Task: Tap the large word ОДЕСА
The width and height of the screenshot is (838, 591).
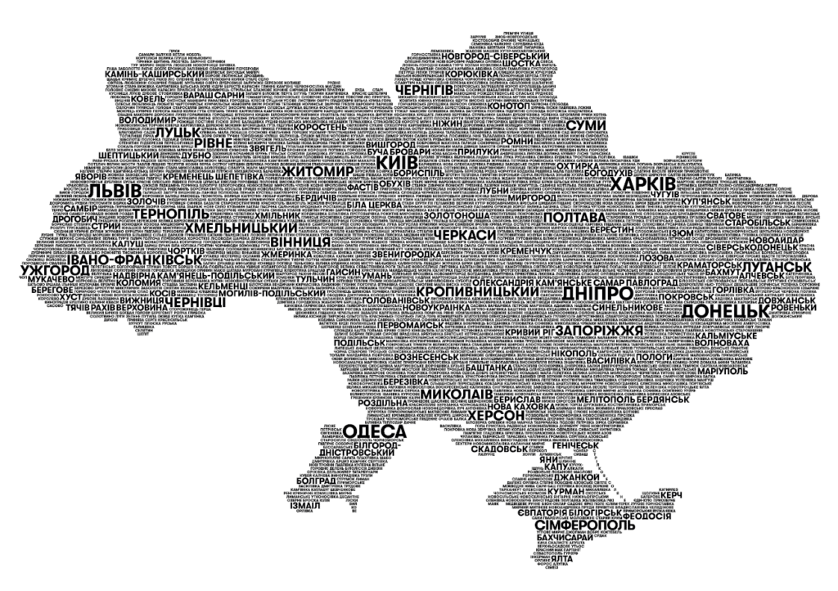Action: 375,431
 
